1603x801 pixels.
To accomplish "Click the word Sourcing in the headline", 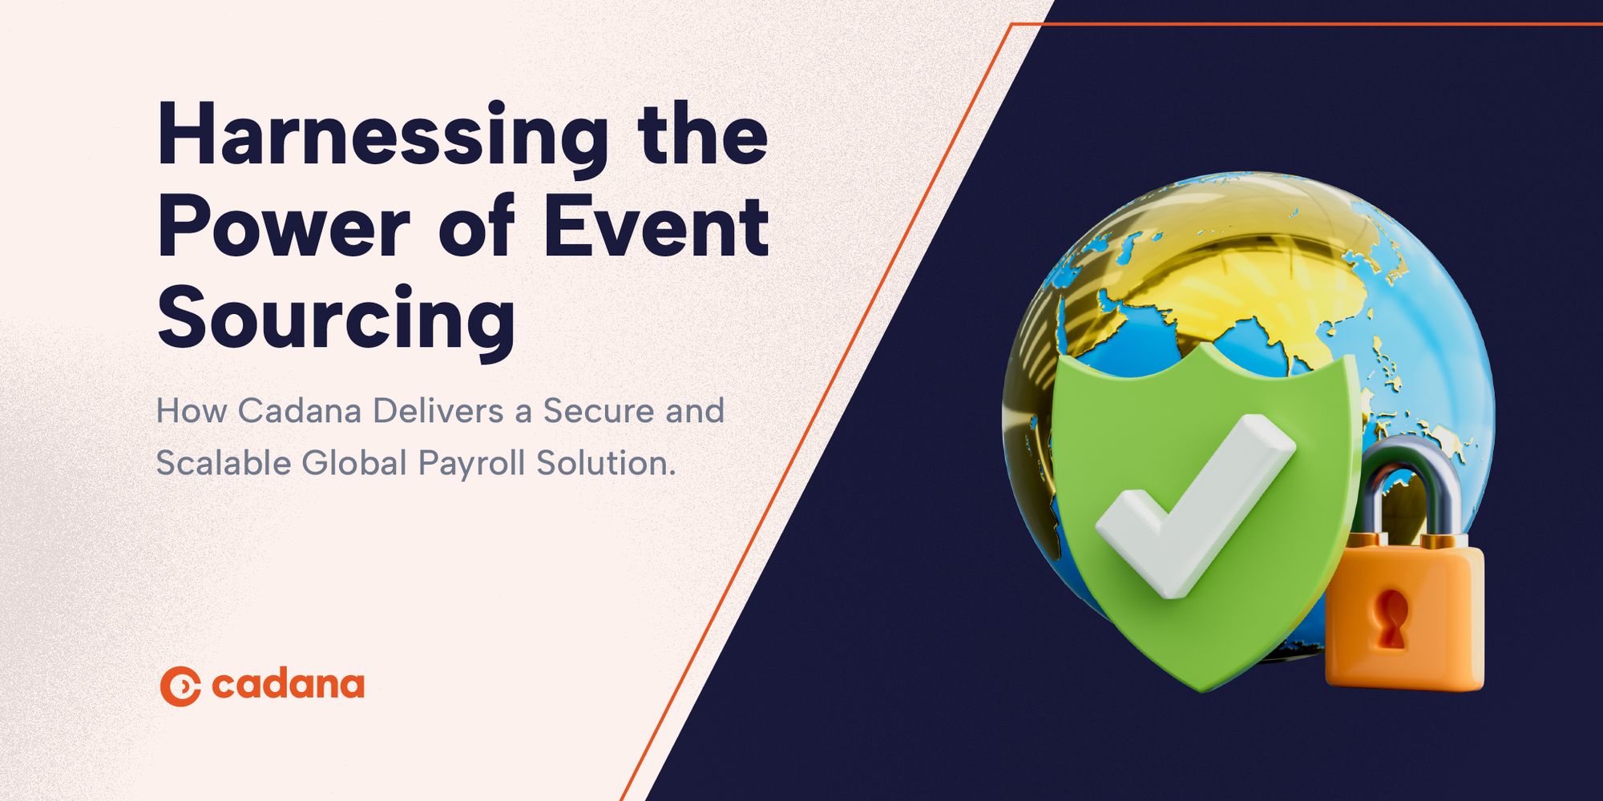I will tap(337, 320).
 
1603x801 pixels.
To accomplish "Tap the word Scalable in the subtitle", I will tap(222, 464).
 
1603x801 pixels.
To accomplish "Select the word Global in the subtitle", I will tap(354, 464).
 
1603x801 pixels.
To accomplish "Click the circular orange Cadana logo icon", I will tap(180, 686).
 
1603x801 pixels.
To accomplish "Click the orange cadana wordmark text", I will tap(289, 686).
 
